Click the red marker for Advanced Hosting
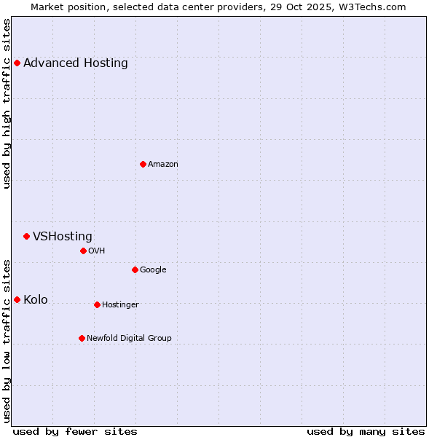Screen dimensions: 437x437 pos(17,63)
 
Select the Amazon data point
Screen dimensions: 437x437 pos(143,164)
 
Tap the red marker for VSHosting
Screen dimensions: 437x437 pos(26,236)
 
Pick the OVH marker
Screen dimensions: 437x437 pos(83,251)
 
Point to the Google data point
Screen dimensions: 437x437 pos(135,269)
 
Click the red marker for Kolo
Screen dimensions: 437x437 pos(17,299)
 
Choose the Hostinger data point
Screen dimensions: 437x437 pos(97,304)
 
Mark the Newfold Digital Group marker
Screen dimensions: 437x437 pos(82,338)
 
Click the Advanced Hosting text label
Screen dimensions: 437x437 pos(76,63)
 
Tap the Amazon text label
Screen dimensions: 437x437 pos(163,164)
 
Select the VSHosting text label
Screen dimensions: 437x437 pos(63,236)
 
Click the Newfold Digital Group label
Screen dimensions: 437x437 pos(129,338)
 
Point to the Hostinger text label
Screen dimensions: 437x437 pos(120,304)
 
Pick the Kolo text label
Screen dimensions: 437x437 pos(36,299)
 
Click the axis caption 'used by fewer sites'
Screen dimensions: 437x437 pos(75,431)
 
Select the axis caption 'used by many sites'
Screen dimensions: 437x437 pos(366,431)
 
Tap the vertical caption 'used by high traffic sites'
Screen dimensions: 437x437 pos(7,103)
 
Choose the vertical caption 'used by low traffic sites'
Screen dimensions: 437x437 pos(7,340)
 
